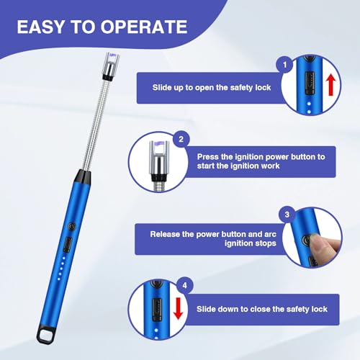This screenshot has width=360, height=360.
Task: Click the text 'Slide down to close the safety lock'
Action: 263,309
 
